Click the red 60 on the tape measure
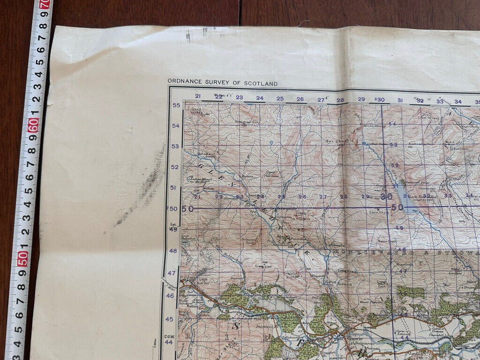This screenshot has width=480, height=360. click(x=33, y=125)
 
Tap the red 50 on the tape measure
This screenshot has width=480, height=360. click(x=22, y=258)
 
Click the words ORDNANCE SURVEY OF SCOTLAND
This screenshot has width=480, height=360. click(x=222, y=83)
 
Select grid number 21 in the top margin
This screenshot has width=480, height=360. click(x=198, y=97)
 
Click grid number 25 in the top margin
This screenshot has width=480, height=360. click(x=280, y=98)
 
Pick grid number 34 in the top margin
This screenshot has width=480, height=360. click(x=457, y=101)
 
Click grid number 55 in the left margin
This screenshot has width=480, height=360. click(x=176, y=105)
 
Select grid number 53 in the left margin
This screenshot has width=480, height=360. click(x=175, y=147)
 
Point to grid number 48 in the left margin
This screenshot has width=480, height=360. click(x=173, y=251)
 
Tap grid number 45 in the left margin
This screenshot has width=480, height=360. click(x=169, y=319)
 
